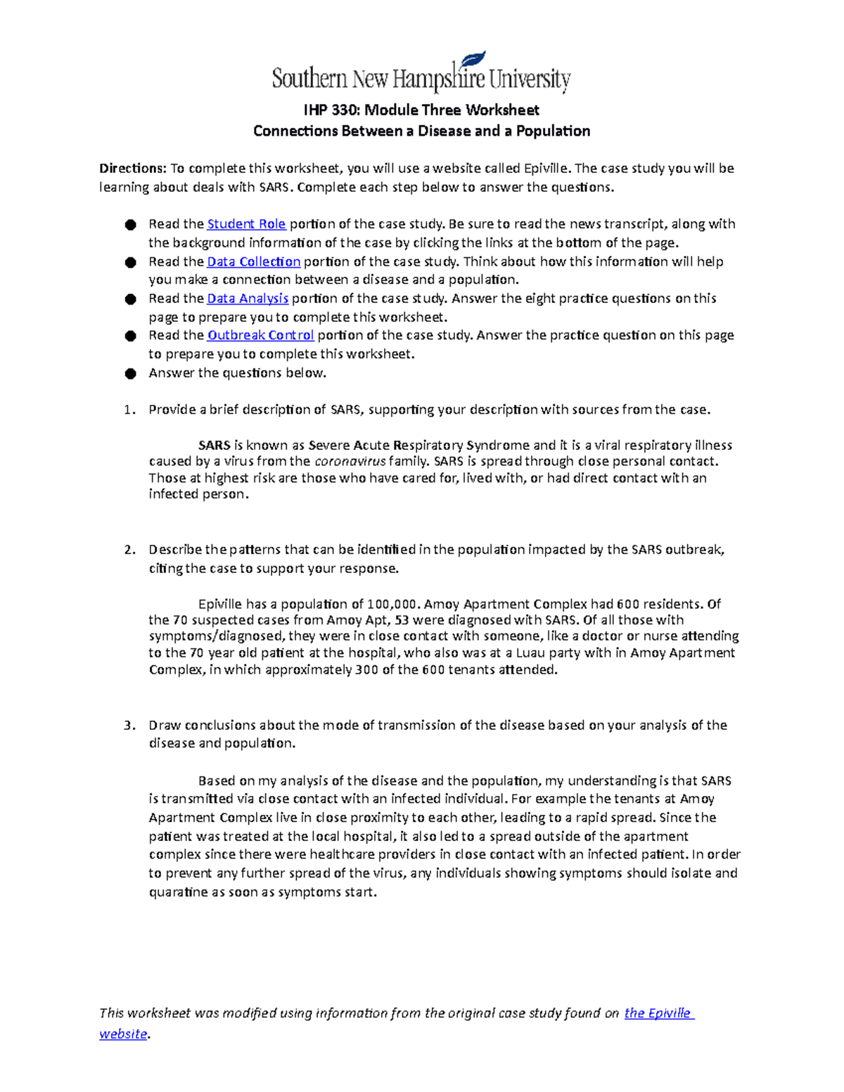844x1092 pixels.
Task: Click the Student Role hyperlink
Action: (246, 224)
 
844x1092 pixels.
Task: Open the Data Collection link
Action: (254, 262)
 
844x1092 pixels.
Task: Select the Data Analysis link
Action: (248, 299)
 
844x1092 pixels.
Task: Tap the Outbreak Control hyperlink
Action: (260, 335)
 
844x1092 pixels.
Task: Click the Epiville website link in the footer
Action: (658, 1013)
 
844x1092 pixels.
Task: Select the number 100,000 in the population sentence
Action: (395, 604)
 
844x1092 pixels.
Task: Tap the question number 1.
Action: (129, 410)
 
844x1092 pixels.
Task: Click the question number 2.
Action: (129, 550)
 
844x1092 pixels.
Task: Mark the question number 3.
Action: (129, 726)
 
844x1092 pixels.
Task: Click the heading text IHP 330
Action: (330, 110)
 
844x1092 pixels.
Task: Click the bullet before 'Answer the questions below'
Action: (130, 373)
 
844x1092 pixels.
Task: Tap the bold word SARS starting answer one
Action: (215, 446)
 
